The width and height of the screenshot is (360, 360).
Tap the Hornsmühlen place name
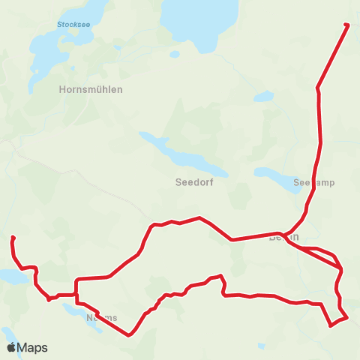[90, 88]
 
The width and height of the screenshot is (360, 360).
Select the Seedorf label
[195, 182]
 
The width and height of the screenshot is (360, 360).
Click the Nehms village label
[102, 317]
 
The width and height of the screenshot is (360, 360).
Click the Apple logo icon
[11, 347]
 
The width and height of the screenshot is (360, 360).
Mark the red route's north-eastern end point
[346, 25]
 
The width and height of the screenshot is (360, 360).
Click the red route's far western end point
[13, 238]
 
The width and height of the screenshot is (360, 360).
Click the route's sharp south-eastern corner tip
[331, 325]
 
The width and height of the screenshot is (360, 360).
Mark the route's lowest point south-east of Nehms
[130, 335]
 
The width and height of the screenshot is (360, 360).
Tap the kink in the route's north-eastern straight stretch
[318, 88]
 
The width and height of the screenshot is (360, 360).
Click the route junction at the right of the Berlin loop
[341, 268]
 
